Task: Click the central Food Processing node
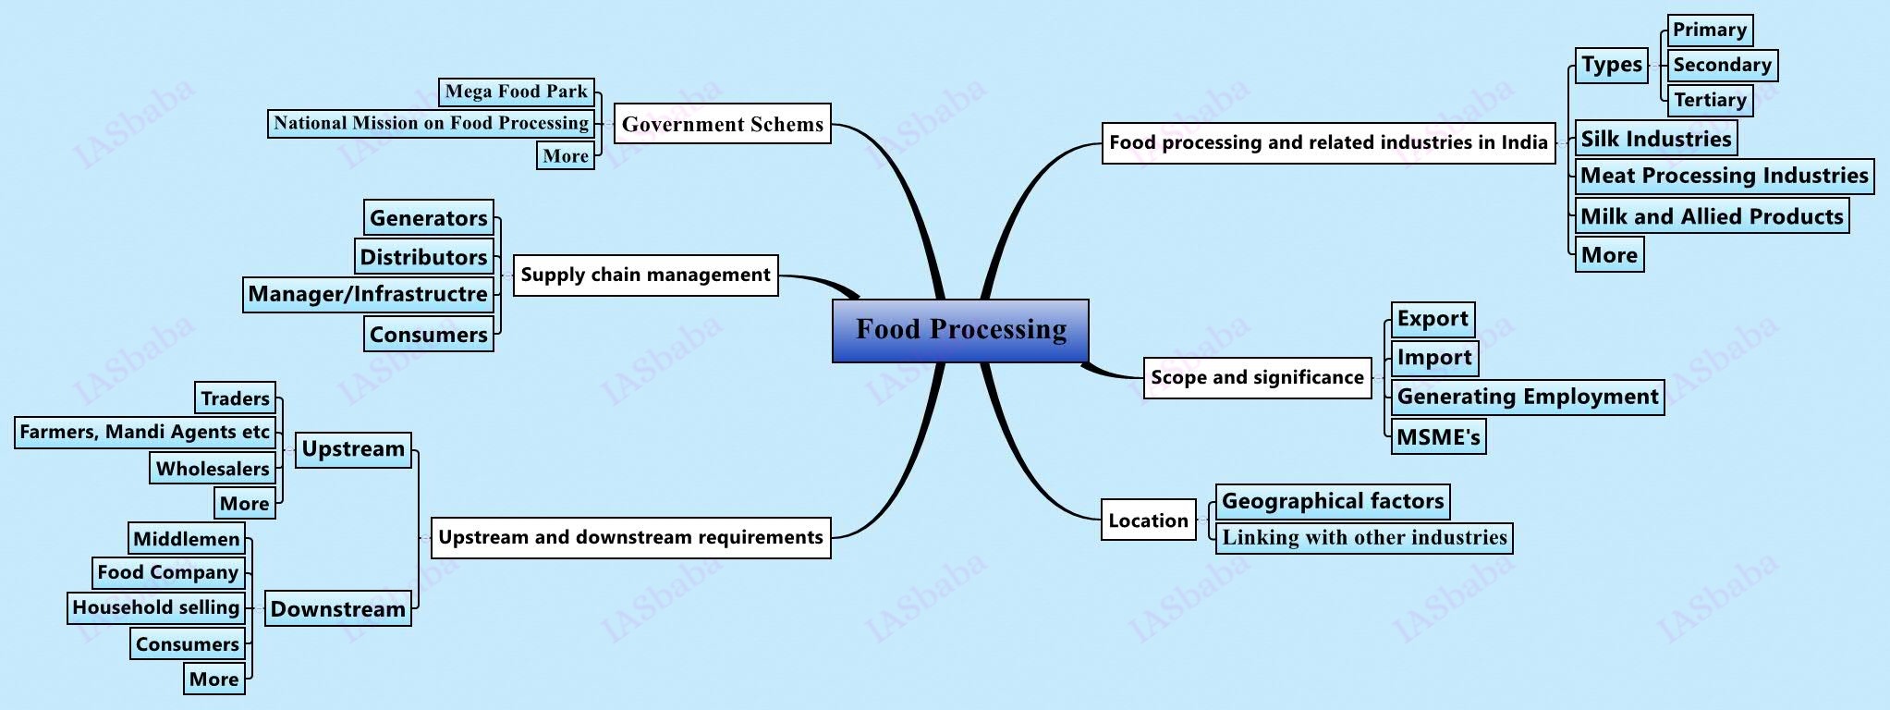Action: click(960, 330)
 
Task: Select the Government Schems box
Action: click(722, 124)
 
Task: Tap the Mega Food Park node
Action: click(516, 92)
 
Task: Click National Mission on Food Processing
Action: click(431, 123)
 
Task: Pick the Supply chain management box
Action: click(645, 275)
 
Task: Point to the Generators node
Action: click(428, 218)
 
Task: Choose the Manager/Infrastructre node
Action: click(367, 294)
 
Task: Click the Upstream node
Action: click(353, 449)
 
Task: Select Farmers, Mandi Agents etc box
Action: click(144, 432)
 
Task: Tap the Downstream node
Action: click(337, 608)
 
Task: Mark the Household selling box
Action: click(155, 607)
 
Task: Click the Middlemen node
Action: click(186, 539)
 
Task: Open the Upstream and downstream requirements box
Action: click(630, 537)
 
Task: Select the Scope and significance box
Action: click(1257, 377)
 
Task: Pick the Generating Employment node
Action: click(1527, 397)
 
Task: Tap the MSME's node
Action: click(1438, 436)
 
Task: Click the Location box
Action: click(1148, 520)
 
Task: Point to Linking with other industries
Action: click(1364, 537)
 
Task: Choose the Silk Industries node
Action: click(1655, 139)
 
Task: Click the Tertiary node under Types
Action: click(1709, 100)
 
